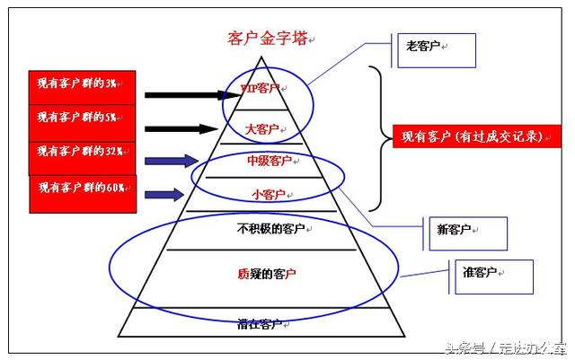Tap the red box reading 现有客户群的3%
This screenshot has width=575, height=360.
point(83,85)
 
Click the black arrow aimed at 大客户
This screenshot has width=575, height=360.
point(181,128)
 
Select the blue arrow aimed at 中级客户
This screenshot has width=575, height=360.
point(171,162)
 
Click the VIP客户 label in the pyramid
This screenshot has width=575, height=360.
point(261,89)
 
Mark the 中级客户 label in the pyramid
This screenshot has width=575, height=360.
point(270,162)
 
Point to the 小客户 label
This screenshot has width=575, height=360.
point(268,194)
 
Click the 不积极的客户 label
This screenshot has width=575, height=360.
point(270,227)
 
